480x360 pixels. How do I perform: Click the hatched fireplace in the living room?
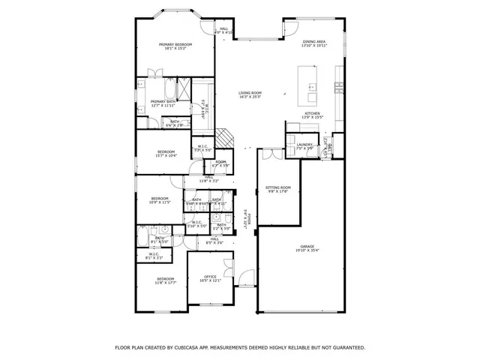coord(224,138)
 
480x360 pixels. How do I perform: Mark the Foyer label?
coord(244,222)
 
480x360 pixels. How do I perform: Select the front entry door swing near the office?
coord(244,282)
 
